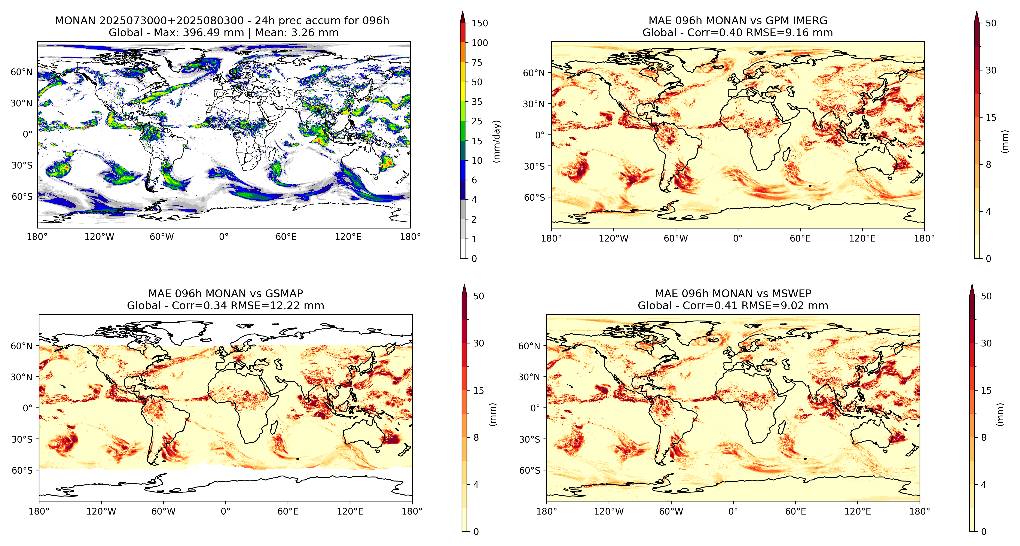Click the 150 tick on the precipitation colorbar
pos(480,23)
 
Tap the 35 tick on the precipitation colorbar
pos(477,102)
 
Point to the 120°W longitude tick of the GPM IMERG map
pos(613,239)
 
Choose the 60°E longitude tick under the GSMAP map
pos(288,512)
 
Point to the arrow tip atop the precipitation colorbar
pos(462,12)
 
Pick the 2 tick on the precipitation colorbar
pos(474,219)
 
